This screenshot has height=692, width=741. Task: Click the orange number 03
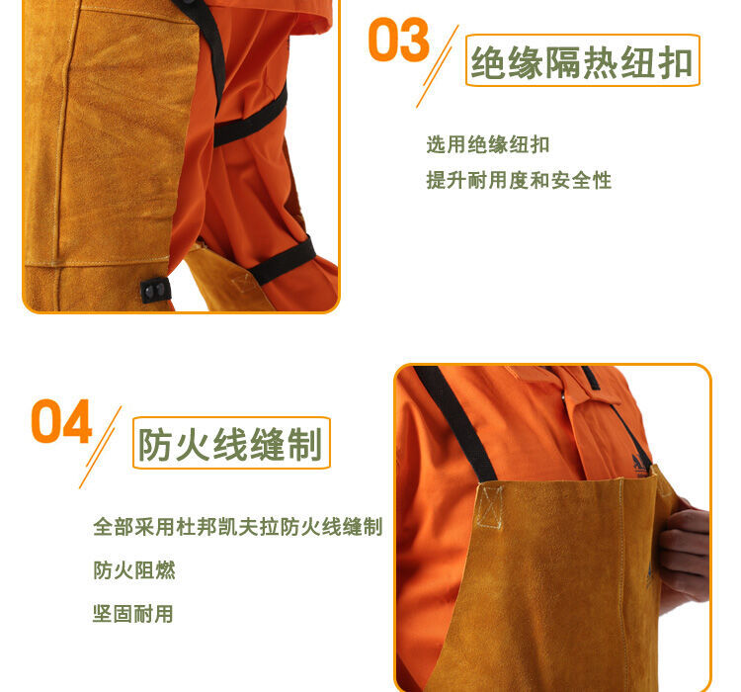(x=398, y=41)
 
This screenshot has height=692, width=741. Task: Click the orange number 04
(x=61, y=421)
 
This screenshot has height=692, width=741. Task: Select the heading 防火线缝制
(x=231, y=444)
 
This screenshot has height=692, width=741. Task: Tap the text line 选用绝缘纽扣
(x=487, y=145)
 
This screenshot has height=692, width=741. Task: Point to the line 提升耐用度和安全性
(x=519, y=181)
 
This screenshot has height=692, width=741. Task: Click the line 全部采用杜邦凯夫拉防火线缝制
(x=237, y=527)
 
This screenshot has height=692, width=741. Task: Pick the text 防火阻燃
(x=134, y=570)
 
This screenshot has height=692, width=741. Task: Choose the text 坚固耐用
(x=133, y=614)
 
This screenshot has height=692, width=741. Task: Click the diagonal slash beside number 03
(x=439, y=67)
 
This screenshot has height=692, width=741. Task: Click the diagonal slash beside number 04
(x=101, y=447)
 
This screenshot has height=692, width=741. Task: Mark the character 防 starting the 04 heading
(x=156, y=445)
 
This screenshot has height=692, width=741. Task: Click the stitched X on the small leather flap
(x=239, y=283)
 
